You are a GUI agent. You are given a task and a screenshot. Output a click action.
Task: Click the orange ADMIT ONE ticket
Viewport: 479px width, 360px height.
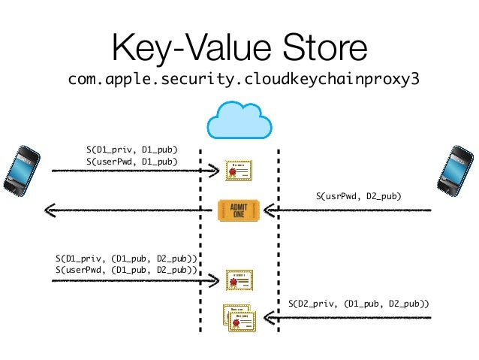(x=238, y=210)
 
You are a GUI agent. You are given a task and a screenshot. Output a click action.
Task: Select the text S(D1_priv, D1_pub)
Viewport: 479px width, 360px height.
(x=132, y=150)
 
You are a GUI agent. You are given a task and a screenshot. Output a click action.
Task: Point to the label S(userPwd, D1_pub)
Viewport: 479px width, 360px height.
(x=131, y=161)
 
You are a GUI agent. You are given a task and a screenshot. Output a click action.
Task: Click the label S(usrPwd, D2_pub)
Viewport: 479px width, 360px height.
(x=359, y=196)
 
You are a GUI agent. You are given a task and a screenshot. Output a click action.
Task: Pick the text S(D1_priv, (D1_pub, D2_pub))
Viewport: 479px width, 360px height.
(x=126, y=259)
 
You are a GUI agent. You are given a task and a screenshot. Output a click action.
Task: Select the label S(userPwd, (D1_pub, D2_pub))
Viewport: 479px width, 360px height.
(x=126, y=270)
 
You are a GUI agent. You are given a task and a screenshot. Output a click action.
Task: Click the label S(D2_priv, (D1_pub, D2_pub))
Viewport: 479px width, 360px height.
(x=359, y=304)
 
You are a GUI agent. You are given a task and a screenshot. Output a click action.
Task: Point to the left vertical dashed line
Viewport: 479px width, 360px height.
(x=200, y=241)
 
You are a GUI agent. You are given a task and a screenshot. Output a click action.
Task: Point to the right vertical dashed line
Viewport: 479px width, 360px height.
(x=278, y=241)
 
